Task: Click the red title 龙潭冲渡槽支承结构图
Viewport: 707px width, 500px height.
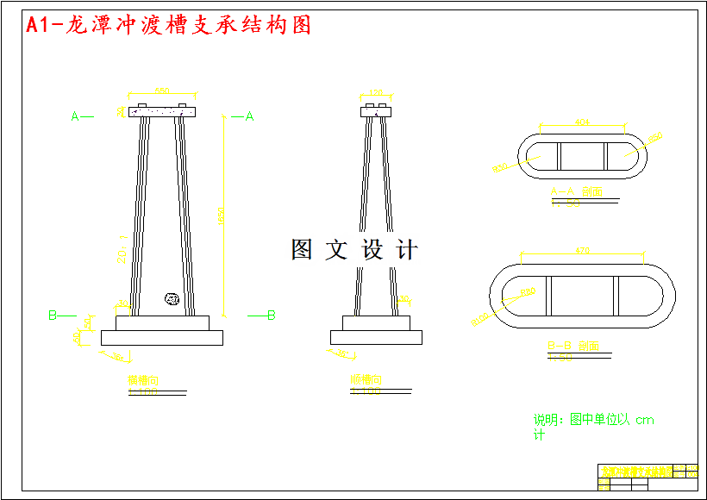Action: pyautogui.click(x=168, y=25)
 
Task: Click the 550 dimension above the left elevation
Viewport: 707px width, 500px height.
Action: pyautogui.click(x=161, y=90)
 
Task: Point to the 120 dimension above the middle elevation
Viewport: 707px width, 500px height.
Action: pyautogui.click(x=376, y=91)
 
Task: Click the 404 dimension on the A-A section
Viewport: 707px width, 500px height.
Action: pyautogui.click(x=582, y=122)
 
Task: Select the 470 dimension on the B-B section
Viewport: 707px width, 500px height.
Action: pyautogui.click(x=582, y=252)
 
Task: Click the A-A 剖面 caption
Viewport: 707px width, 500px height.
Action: pyautogui.click(x=575, y=191)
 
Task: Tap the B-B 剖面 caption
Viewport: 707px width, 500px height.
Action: pyautogui.click(x=573, y=346)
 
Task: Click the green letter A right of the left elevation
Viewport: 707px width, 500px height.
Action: pyautogui.click(x=249, y=116)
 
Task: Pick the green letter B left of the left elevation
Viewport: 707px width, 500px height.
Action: pyautogui.click(x=53, y=316)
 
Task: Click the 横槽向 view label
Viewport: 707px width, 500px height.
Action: pyautogui.click(x=143, y=380)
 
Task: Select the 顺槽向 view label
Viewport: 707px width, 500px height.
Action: pyautogui.click(x=366, y=379)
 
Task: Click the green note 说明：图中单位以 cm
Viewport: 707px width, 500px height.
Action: pyautogui.click(x=593, y=421)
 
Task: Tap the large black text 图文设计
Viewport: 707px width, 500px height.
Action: pyautogui.click(x=354, y=250)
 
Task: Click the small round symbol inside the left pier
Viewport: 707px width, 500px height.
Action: pyautogui.click(x=171, y=299)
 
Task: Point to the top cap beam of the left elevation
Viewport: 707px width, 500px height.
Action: pyautogui.click(x=161, y=111)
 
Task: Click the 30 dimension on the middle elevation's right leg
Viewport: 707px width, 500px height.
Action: pyautogui.click(x=403, y=299)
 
